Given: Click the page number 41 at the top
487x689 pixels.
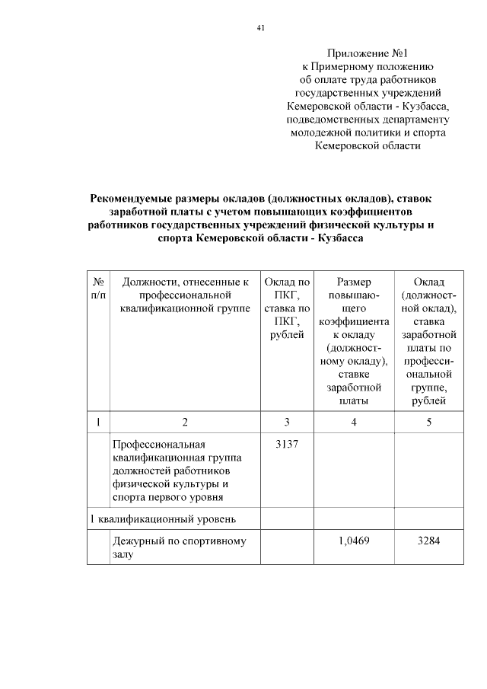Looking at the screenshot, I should pos(260,28).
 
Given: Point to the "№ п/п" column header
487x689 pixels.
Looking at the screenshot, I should pos(97,288).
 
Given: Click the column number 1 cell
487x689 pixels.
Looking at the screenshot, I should pos(97,422).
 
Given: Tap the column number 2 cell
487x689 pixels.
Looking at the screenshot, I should pos(183,422).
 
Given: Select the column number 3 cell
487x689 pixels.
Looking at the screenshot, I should pos(287,422).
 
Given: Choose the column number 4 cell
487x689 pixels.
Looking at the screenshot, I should pos(353,422).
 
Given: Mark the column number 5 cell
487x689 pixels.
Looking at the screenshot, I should pos(429,422).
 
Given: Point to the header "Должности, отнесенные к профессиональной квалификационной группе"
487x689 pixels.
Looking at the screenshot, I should pos(183,295).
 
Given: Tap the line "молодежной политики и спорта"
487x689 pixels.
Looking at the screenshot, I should pos(368,132).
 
